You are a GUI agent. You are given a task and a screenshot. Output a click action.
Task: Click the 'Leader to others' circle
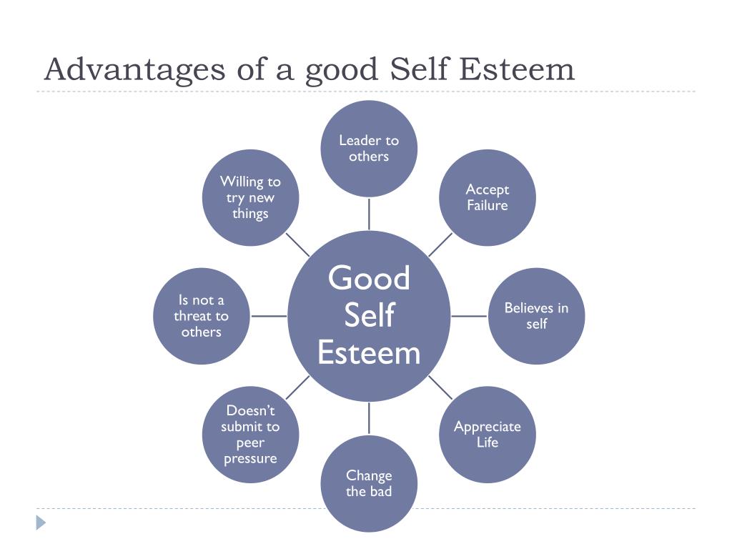point(369,149)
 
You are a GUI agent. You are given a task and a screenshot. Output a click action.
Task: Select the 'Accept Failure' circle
point(488,197)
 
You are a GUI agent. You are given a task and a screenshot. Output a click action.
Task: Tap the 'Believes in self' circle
point(536,316)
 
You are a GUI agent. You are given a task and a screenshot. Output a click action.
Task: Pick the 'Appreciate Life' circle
point(488,435)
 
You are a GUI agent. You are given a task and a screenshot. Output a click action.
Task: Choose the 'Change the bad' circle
point(369,483)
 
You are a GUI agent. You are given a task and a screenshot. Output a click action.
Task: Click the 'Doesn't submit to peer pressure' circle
point(250,435)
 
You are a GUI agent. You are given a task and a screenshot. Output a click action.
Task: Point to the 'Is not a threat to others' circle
point(202,316)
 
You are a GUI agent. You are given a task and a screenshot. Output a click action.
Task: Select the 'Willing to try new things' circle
point(250,197)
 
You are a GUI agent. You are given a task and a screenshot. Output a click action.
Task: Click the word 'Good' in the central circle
point(369,278)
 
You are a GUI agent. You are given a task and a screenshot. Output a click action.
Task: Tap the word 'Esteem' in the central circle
point(369,353)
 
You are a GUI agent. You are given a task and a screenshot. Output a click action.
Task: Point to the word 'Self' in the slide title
point(421,69)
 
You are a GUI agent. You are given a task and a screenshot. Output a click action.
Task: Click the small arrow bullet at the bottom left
point(41,523)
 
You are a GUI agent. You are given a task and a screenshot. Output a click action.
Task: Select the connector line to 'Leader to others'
point(369,214)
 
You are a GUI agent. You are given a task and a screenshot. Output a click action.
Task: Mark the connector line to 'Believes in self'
point(470,316)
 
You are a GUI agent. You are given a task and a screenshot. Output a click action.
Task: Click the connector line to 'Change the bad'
point(369,418)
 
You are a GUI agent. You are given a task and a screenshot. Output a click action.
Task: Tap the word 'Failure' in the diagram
point(488,206)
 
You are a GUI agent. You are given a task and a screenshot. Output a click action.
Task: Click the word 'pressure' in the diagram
point(250,459)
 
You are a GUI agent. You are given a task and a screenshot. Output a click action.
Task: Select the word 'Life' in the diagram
point(488,442)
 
